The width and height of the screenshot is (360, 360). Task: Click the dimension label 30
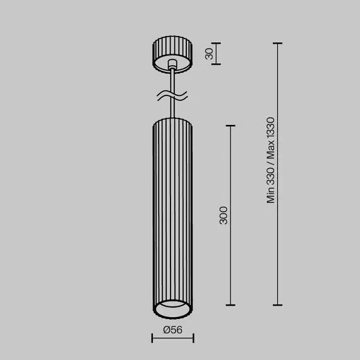click(x=208, y=54)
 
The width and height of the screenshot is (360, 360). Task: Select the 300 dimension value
click(x=223, y=216)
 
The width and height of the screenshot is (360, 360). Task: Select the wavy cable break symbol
click(x=171, y=97)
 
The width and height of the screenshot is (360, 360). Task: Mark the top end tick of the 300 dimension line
click(x=230, y=126)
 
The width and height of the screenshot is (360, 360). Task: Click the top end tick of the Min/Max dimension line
click(x=277, y=43)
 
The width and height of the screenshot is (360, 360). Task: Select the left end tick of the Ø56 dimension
click(x=152, y=339)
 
